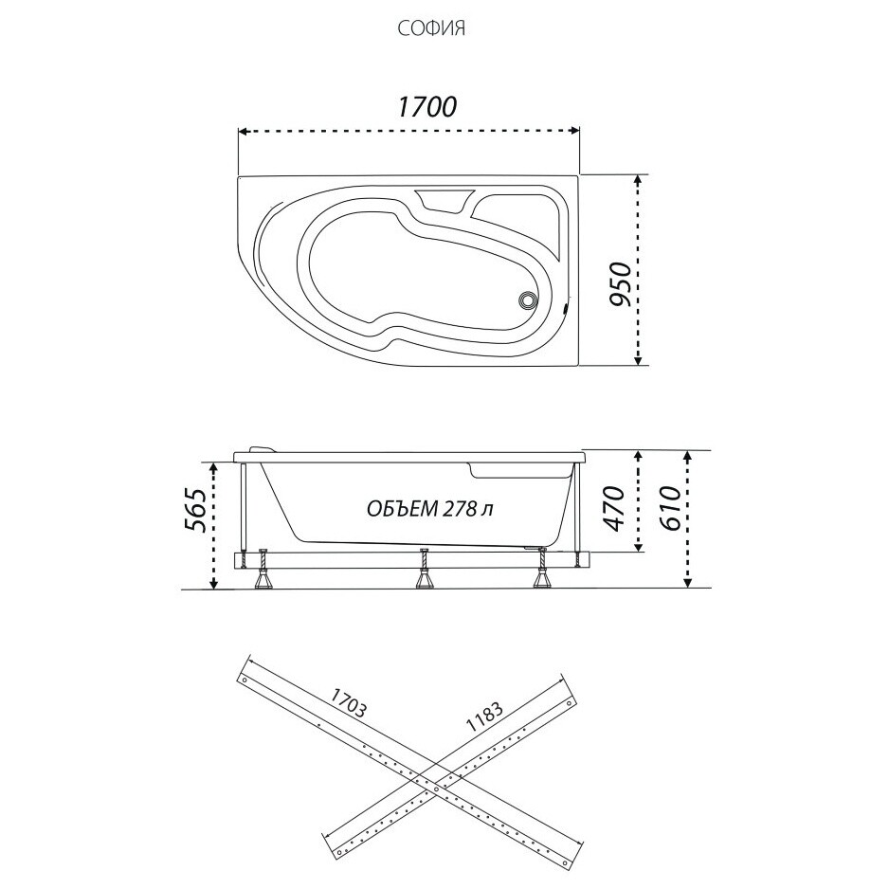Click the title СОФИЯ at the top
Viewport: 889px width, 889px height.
pos(431,27)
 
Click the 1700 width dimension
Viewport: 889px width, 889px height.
pos(426,106)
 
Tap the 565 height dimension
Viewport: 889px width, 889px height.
pos(196,509)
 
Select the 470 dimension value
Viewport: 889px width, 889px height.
pos(615,508)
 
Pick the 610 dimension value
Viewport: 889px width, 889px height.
pos(671,507)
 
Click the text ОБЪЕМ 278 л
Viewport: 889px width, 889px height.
pos(429,509)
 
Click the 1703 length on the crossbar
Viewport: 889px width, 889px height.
pos(349,702)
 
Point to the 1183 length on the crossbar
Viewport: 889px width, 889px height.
pos(484,717)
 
